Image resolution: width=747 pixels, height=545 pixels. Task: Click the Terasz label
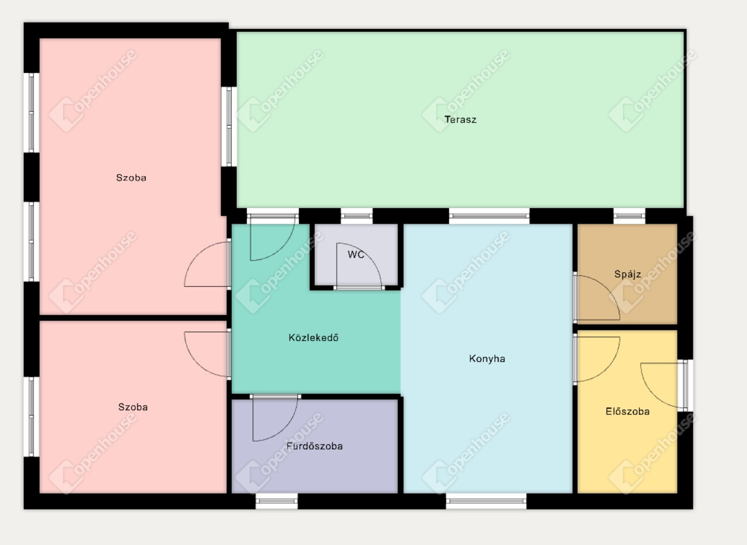[x=460, y=120]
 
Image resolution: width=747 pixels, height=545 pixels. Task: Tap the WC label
[x=356, y=255]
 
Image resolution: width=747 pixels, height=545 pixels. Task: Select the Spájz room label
[x=627, y=274]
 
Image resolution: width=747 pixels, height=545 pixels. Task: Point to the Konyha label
[x=487, y=358]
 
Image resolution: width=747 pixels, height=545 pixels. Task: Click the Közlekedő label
[x=314, y=338]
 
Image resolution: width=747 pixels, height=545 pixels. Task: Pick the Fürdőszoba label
[x=314, y=446]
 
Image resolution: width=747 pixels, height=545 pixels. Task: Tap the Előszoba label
[x=627, y=411]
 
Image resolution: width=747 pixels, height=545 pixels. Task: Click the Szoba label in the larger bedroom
[x=131, y=177]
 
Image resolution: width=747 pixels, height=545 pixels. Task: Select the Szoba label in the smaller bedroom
[x=133, y=407]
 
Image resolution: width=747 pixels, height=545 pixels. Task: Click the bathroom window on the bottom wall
[x=277, y=501]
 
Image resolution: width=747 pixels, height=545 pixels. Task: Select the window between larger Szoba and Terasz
[x=229, y=127]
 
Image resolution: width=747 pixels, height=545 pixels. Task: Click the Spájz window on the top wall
[x=629, y=216]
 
